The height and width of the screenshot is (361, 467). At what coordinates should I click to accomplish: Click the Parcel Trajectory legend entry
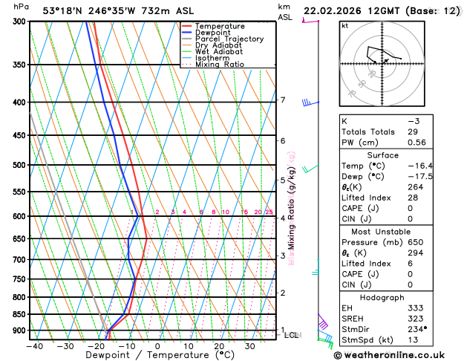tap(229, 39)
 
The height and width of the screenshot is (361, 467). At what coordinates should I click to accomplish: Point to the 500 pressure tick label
tap(19, 165)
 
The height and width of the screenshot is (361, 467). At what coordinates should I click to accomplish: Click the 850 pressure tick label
tap(19, 314)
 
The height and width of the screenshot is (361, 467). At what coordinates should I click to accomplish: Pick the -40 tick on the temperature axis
tap(34, 345)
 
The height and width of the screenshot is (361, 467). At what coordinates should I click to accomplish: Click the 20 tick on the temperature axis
tap(219, 345)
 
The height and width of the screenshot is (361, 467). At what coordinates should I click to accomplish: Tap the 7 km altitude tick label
tap(282, 100)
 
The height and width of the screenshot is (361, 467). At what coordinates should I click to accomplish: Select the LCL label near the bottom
tap(292, 335)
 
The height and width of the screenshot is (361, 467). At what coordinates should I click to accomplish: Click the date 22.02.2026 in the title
tap(336, 10)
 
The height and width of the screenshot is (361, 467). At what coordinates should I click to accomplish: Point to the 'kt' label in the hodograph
tap(344, 25)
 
